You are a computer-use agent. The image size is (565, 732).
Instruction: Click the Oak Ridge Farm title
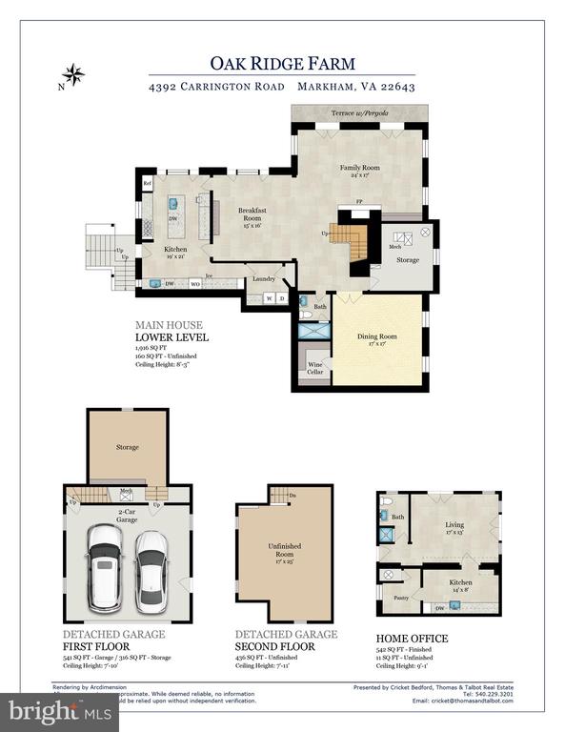[x=282, y=63]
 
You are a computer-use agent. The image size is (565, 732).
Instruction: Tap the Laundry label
[x=264, y=279]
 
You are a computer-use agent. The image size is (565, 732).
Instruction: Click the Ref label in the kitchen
[x=148, y=183]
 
